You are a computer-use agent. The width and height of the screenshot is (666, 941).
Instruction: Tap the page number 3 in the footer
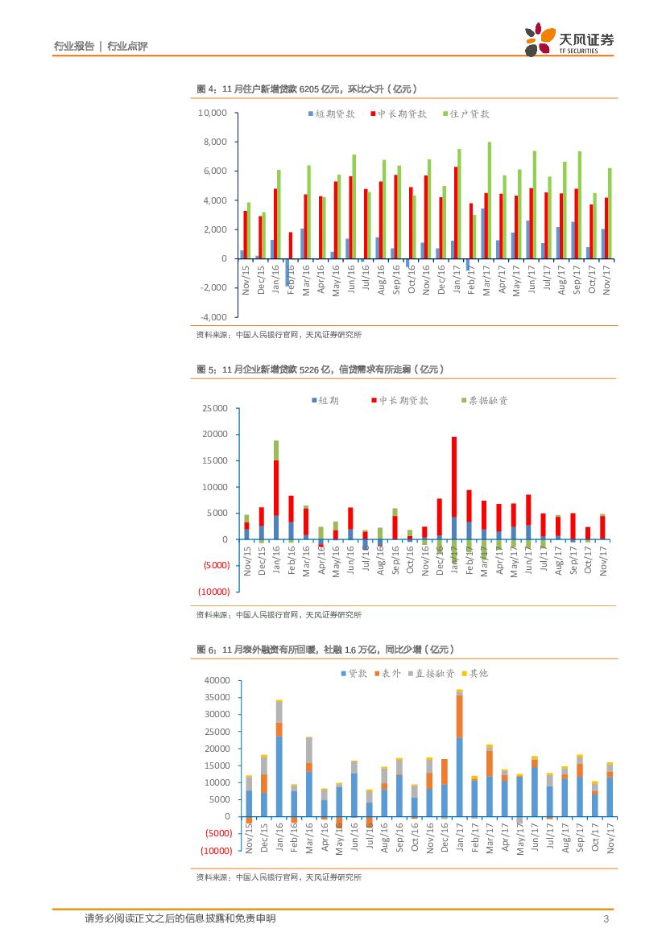[605, 919]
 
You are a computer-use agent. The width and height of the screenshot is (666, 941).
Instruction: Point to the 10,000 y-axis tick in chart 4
[213, 113]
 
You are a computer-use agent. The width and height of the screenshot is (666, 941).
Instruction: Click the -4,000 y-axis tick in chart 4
[213, 316]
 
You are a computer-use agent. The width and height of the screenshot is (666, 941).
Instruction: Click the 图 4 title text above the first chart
[308, 89]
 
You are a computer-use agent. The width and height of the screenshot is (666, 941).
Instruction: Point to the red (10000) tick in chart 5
[213, 592]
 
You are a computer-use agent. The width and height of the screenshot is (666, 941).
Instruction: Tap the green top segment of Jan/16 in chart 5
[276, 450]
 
